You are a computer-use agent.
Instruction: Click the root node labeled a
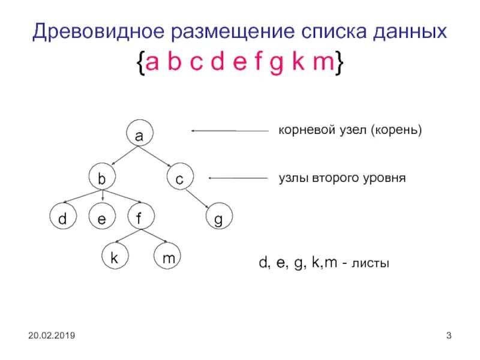139,136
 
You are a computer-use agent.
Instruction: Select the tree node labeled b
102,178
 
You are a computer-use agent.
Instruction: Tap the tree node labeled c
179,178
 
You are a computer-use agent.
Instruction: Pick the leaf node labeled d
62,220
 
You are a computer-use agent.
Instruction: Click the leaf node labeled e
101,220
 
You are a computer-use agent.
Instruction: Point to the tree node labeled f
139,218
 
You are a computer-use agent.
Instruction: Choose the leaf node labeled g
218,220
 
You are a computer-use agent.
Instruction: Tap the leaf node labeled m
169,258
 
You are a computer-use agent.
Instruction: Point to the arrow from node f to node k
125,238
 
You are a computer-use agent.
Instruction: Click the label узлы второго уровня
343,178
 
